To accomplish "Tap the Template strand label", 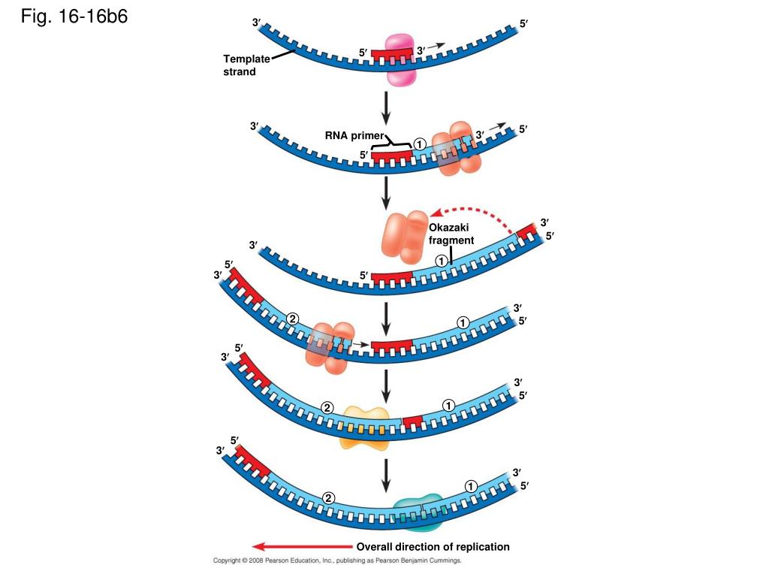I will click(x=246, y=65).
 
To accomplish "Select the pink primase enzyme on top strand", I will click(x=400, y=59).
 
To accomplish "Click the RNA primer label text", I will click(x=354, y=136).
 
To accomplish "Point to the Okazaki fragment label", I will click(x=451, y=234).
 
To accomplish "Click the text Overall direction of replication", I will click(x=433, y=546).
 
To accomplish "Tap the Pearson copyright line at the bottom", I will click(x=337, y=560).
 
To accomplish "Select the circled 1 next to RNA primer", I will click(x=419, y=144).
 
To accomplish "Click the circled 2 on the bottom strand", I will click(x=328, y=497).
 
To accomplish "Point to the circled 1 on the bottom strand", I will click(x=471, y=486).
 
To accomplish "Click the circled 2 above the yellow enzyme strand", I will click(x=327, y=408).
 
